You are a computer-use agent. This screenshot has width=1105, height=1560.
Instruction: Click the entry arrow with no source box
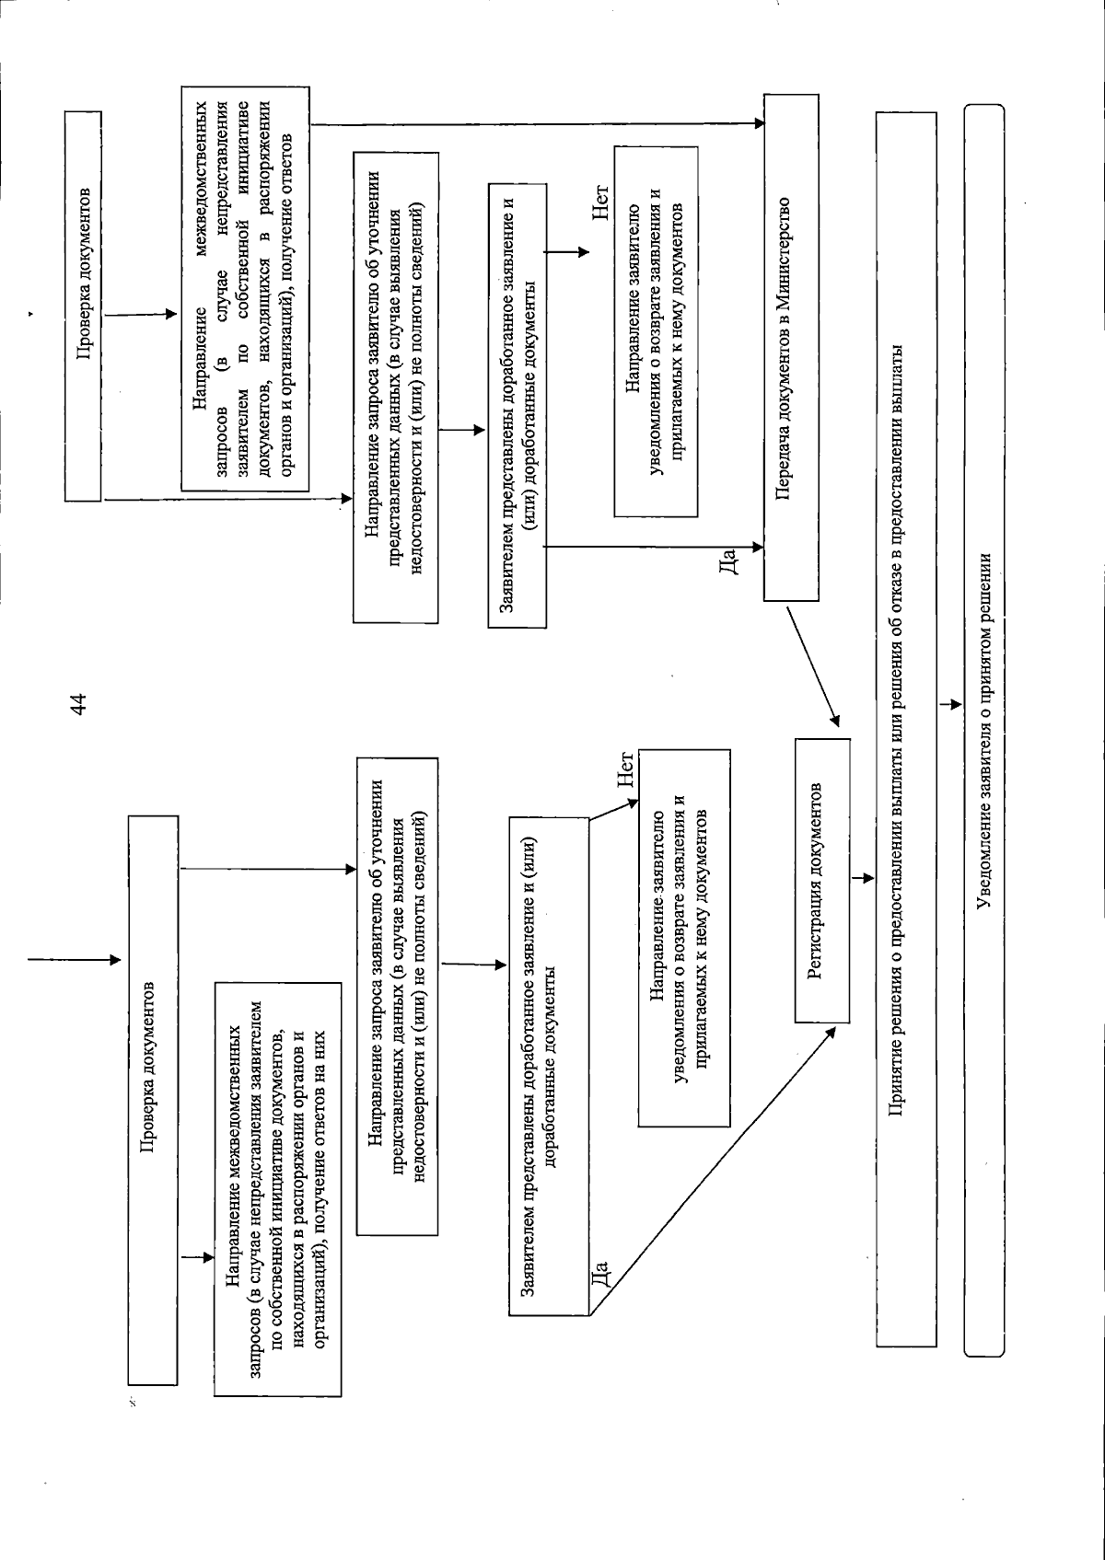(x=74, y=960)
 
